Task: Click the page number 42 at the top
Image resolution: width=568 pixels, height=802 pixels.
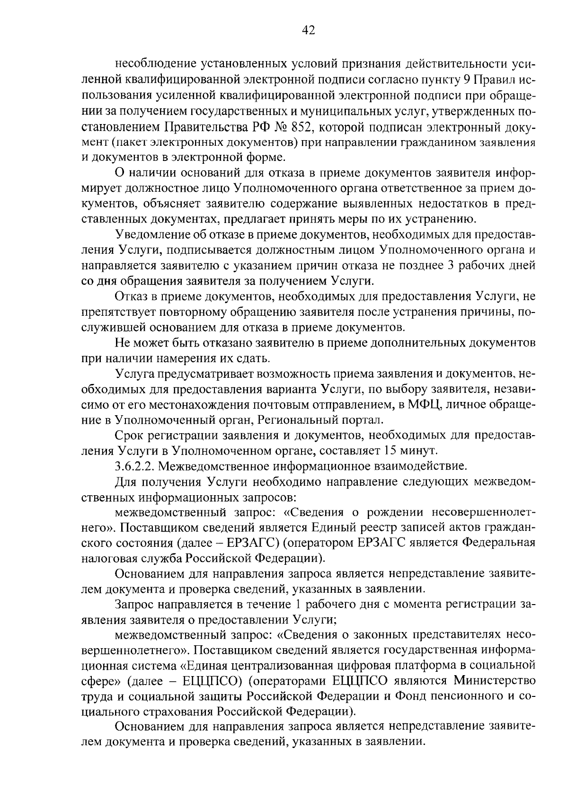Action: [x=308, y=31]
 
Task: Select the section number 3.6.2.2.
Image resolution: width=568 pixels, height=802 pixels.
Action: [x=134, y=466]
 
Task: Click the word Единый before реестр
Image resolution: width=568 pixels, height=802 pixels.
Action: [x=337, y=527]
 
